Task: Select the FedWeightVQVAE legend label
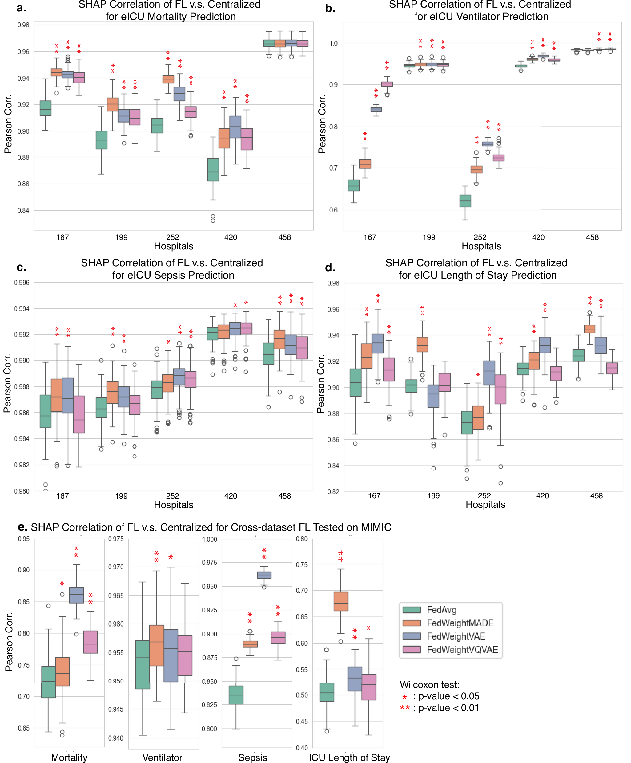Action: tap(462, 650)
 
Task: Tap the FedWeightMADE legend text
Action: tap(460, 623)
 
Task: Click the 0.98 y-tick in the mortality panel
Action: tap(23, 25)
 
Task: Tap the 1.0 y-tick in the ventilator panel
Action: tap(333, 43)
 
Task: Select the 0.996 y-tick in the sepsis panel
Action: tap(22, 283)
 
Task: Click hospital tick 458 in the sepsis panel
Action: tap(284, 496)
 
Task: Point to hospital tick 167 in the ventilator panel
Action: tap(370, 237)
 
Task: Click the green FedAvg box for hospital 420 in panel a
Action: tap(213, 169)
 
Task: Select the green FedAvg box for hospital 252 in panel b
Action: tap(465, 200)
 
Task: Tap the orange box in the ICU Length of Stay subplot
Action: tap(340, 601)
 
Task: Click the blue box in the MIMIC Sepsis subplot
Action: tap(264, 575)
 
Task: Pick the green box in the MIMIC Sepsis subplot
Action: tap(236, 695)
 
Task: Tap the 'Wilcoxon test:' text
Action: tap(429, 685)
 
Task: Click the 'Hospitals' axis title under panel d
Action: tap(485, 504)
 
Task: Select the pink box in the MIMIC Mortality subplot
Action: tap(90, 642)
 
